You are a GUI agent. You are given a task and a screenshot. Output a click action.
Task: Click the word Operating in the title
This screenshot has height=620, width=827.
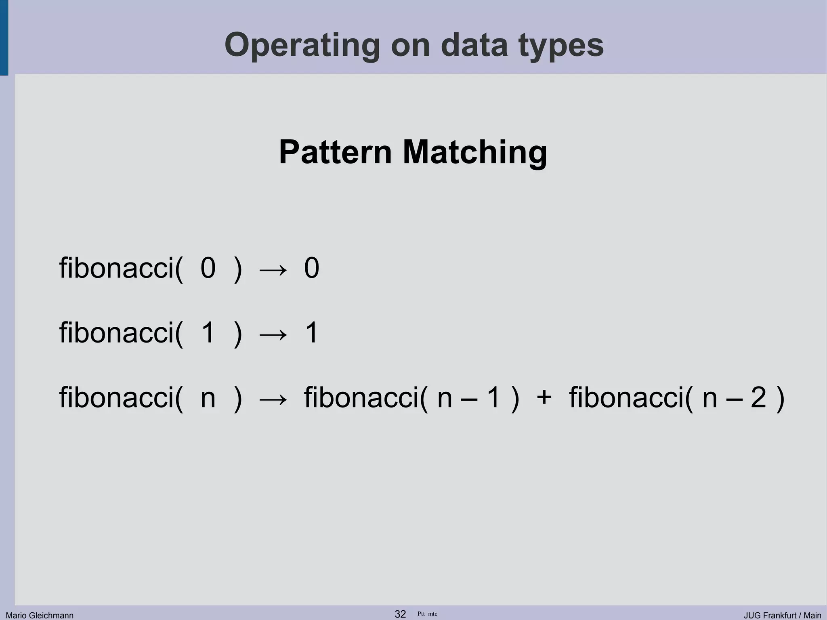(302, 45)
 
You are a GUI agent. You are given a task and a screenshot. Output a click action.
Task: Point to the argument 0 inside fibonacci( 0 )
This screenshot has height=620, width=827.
(208, 268)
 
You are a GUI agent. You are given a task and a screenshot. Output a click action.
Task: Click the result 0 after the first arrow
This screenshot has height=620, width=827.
(311, 268)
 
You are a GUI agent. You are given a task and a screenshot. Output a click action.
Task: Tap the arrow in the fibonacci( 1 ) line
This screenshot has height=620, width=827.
(273, 334)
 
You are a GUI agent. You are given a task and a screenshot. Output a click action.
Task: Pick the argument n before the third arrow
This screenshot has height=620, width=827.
(208, 397)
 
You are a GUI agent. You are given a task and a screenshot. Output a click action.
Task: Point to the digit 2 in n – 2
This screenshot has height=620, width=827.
(758, 397)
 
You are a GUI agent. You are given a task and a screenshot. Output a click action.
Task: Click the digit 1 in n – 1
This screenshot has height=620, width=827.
(493, 397)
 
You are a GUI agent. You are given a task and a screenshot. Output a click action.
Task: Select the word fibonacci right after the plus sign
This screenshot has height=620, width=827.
(631, 397)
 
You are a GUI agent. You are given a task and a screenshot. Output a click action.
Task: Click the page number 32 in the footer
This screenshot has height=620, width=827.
(400, 614)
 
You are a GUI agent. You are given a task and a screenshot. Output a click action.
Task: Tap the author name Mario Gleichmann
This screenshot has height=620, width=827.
(40, 615)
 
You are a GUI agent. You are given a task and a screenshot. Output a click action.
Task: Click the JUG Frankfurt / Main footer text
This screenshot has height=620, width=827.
(782, 615)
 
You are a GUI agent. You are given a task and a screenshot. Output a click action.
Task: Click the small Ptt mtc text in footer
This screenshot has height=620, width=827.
(427, 614)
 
